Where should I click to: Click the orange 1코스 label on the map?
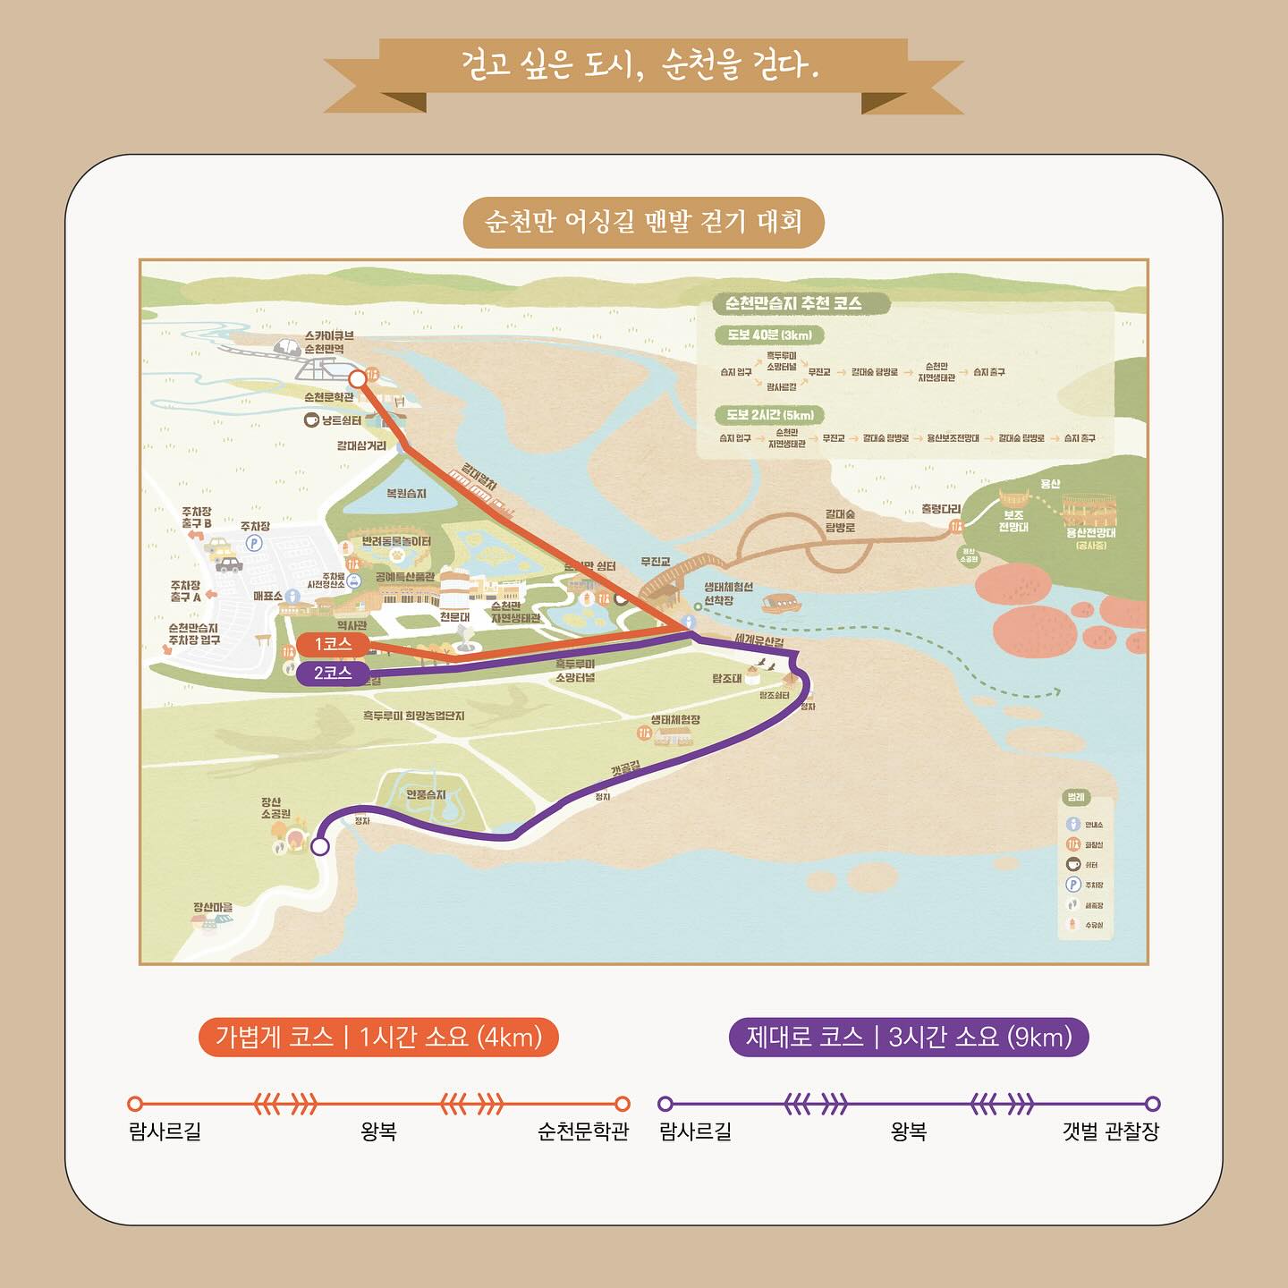click(x=332, y=644)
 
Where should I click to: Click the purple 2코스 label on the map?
click(x=332, y=673)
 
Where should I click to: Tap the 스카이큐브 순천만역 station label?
click(x=329, y=342)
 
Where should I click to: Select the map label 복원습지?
click(x=406, y=494)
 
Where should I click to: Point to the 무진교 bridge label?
click(x=656, y=562)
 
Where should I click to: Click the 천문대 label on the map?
click(x=454, y=617)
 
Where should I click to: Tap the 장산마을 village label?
click(x=213, y=908)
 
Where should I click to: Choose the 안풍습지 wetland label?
click(x=426, y=794)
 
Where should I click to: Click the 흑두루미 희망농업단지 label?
click(x=413, y=716)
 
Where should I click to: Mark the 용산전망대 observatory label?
click(x=1090, y=533)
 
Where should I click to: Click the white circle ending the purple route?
click(x=320, y=846)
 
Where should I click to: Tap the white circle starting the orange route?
click(x=357, y=378)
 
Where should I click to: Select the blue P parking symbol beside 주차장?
click(x=254, y=543)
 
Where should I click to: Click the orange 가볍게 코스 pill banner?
click(x=378, y=1038)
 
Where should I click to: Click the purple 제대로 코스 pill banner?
click(x=909, y=1038)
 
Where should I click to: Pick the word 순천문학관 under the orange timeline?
click(x=583, y=1131)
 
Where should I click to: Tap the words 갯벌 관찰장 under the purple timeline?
click(x=1110, y=1131)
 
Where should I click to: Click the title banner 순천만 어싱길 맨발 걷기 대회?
click(x=643, y=222)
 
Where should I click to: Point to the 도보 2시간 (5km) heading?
click(x=769, y=415)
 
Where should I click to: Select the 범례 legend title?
click(x=1075, y=798)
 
